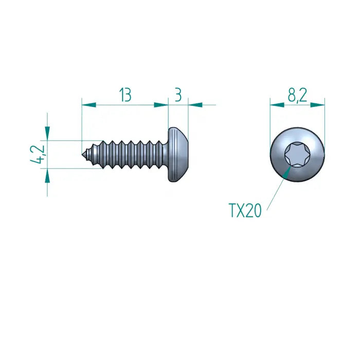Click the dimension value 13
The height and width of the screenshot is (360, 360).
click(x=125, y=95)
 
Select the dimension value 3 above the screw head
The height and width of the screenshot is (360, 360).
click(x=178, y=95)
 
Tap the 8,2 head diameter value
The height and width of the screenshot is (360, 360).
click(x=297, y=95)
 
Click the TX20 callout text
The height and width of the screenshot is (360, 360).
click(x=245, y=210)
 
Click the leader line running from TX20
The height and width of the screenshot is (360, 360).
click(x=276, y=188)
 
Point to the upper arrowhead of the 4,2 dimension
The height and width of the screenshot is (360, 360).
click(x=47, y=133)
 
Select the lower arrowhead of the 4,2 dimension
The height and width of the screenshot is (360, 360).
click(x=47, y=175)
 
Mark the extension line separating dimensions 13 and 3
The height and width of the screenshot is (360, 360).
click(x=169, y=113)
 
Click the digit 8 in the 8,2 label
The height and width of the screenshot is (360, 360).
click(x=291, y=95)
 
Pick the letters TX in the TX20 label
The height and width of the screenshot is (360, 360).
click(x=236, y=210)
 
